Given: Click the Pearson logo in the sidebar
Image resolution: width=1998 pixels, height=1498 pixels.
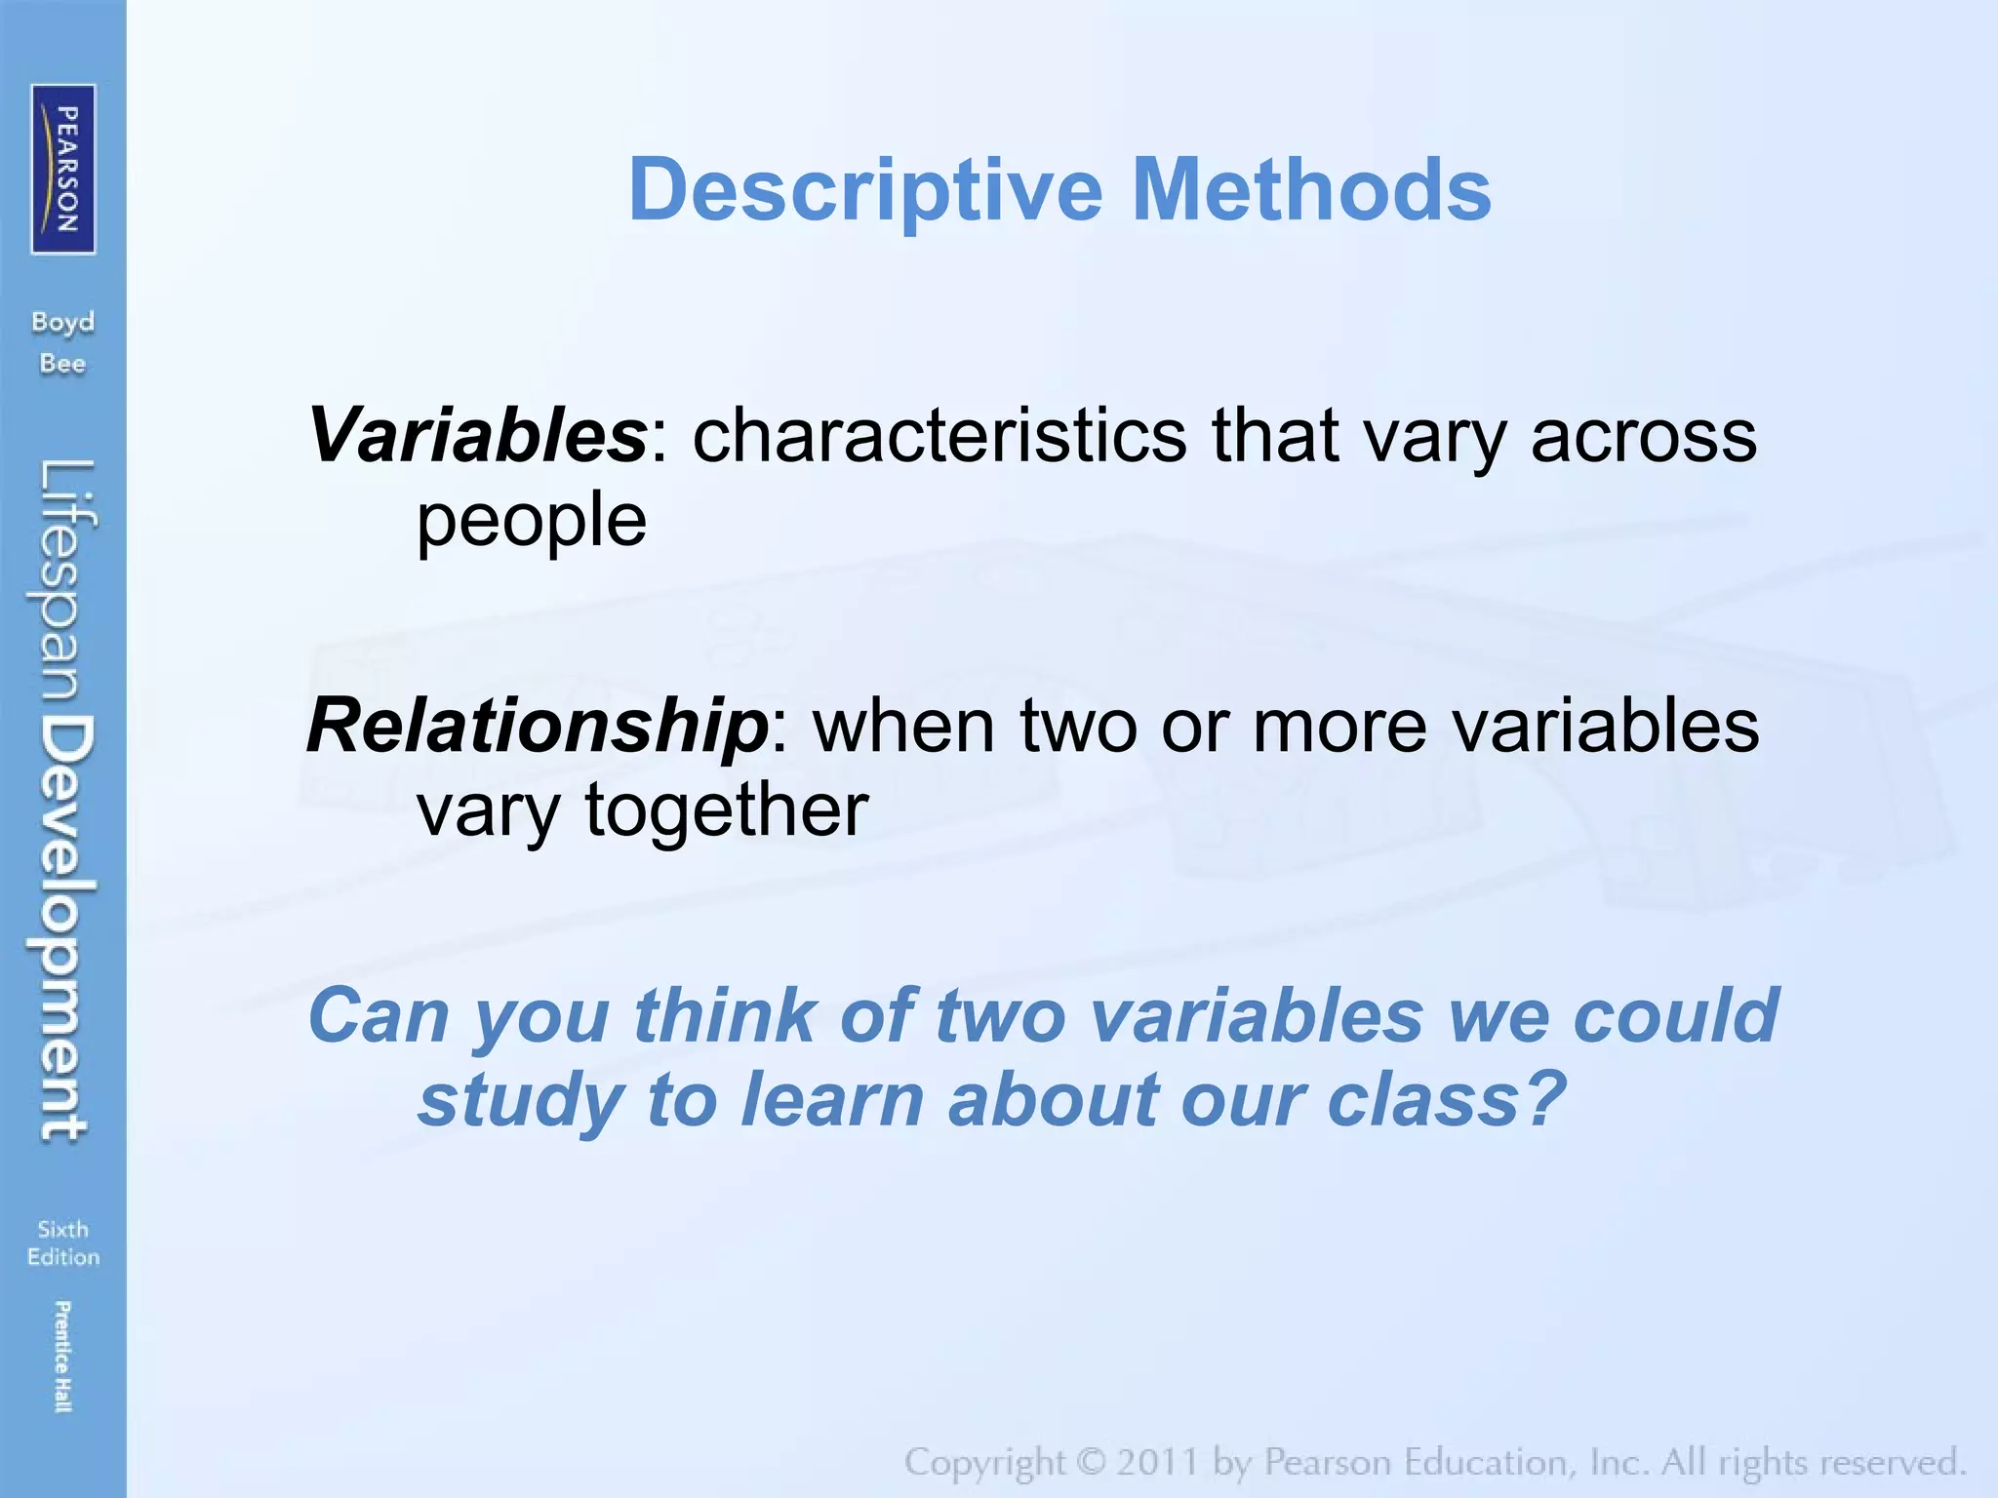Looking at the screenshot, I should tap(63, 169).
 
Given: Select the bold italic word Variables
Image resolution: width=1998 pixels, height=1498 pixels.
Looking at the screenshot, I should tap(476, 436).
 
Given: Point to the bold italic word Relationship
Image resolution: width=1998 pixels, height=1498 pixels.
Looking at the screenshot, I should tap(538, 727).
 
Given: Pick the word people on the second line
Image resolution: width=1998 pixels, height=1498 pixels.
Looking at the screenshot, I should tap(532, 521).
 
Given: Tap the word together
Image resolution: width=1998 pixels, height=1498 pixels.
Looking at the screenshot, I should tap(726, 810).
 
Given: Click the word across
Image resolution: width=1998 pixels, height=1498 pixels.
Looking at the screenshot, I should tap(1643, 436).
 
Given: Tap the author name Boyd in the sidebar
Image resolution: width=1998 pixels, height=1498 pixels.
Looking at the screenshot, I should tap(62, 322).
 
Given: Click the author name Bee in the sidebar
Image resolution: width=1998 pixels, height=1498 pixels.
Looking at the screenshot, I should tap(62, 364).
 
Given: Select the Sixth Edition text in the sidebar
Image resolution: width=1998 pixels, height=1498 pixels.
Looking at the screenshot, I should tap(63, 1243).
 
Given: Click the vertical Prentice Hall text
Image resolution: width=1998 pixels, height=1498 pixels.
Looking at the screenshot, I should tap(62, 1357).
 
